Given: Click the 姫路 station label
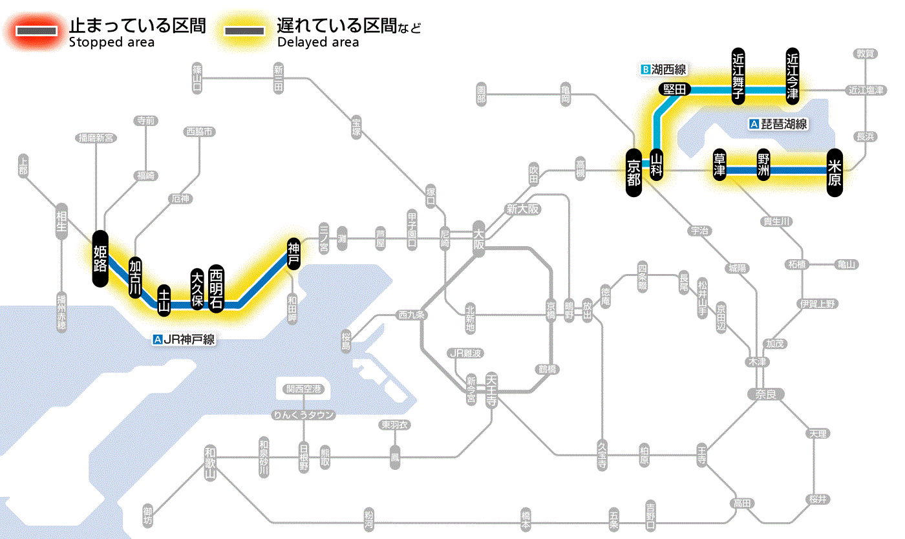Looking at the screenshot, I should click(x=100, y=258).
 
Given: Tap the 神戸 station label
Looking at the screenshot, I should click(x=293, y=253).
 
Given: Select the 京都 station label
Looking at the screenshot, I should click(x=633, y=173).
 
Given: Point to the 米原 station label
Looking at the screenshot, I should click(x=835, y=173).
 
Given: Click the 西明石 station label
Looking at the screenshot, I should click(x=216, y=288).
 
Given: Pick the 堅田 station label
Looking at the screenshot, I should click(x=675, y=89).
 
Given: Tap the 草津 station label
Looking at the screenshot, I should click(x=719, y=165).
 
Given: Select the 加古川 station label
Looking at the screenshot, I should click(x=135, y=277).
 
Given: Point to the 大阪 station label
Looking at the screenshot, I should click(x=478, y=238).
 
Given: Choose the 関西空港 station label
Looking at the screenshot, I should click(x=303, y=388).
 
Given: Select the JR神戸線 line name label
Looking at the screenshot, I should click(x=184, y=339).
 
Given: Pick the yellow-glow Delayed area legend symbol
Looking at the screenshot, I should click(x=244, y=31).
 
